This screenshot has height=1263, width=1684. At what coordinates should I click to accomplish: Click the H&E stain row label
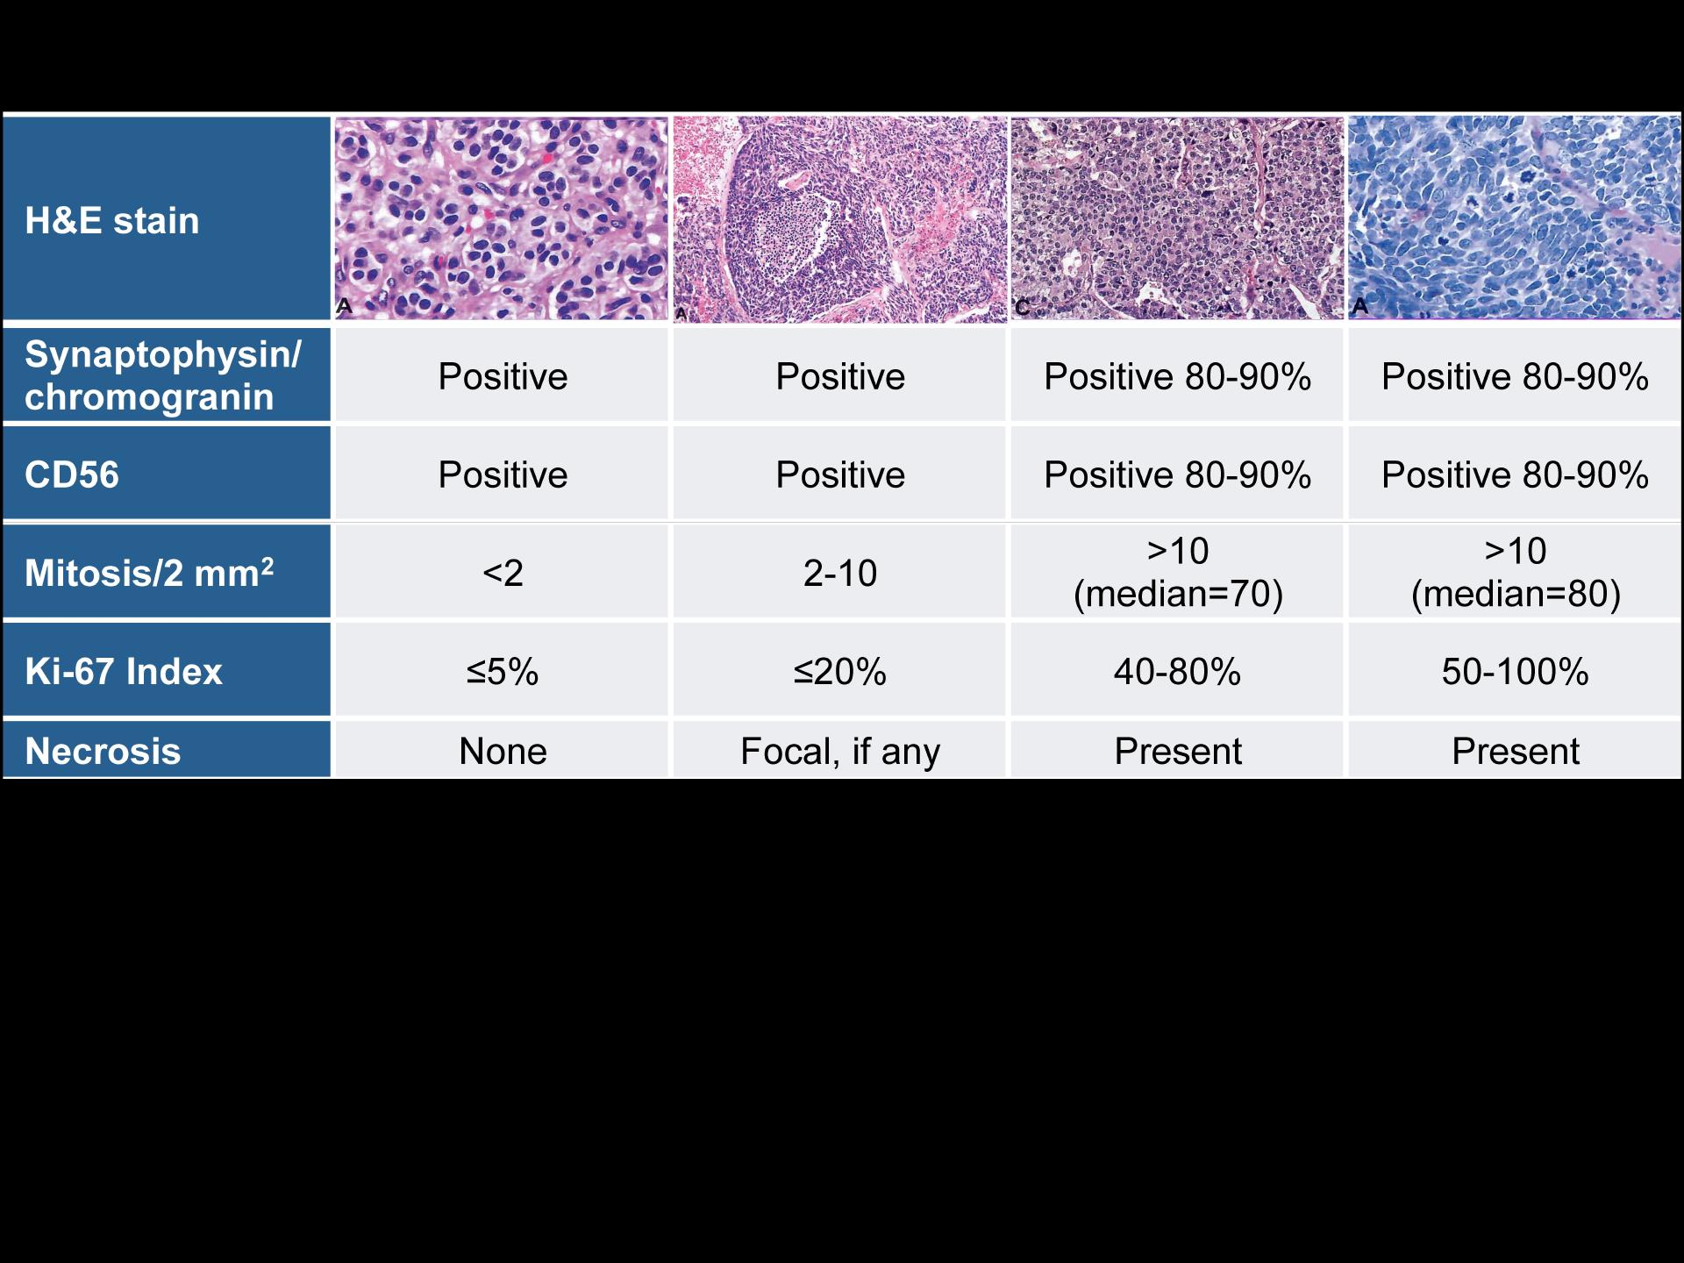[x=112, y=220]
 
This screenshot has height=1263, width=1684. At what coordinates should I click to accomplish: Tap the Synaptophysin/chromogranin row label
[x=163, y=375]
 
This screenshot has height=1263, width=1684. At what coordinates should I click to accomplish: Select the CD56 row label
[x=72, y=475]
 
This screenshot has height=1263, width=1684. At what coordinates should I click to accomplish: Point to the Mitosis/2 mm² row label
[x=149, y=572]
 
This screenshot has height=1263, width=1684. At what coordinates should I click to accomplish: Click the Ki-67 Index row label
[x=124, y=671]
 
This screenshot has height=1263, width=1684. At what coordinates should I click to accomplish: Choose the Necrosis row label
[x=103, y=752]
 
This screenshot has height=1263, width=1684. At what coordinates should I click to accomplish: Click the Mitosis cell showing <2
[x=503, y=573]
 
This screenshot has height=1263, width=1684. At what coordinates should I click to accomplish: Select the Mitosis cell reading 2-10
[x=840, y=573]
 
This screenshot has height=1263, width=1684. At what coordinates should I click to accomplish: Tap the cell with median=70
[x=1178, y=572]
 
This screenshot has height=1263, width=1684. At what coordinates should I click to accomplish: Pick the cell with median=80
[x=1516, y=572]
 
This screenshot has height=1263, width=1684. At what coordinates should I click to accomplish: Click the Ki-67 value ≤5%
[x=503, y=672]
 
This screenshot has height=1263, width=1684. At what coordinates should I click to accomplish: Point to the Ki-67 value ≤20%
[x=840, y=672]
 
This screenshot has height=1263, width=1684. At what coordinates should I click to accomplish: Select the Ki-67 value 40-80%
[x=1178, y=672]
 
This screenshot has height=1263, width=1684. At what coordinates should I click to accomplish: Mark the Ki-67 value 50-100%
[x=1516, y=672]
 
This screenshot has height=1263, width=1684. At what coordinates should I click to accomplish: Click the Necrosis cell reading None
[x=503, y=752]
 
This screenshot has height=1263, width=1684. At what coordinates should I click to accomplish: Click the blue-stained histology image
[x=1515, y=218]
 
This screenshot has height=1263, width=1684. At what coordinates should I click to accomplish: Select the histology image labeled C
[x=1177, y=218]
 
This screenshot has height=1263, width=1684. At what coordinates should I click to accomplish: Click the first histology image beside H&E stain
[x=501, y=218]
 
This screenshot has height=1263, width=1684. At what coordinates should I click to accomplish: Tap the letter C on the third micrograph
[x=1023, y=307]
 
